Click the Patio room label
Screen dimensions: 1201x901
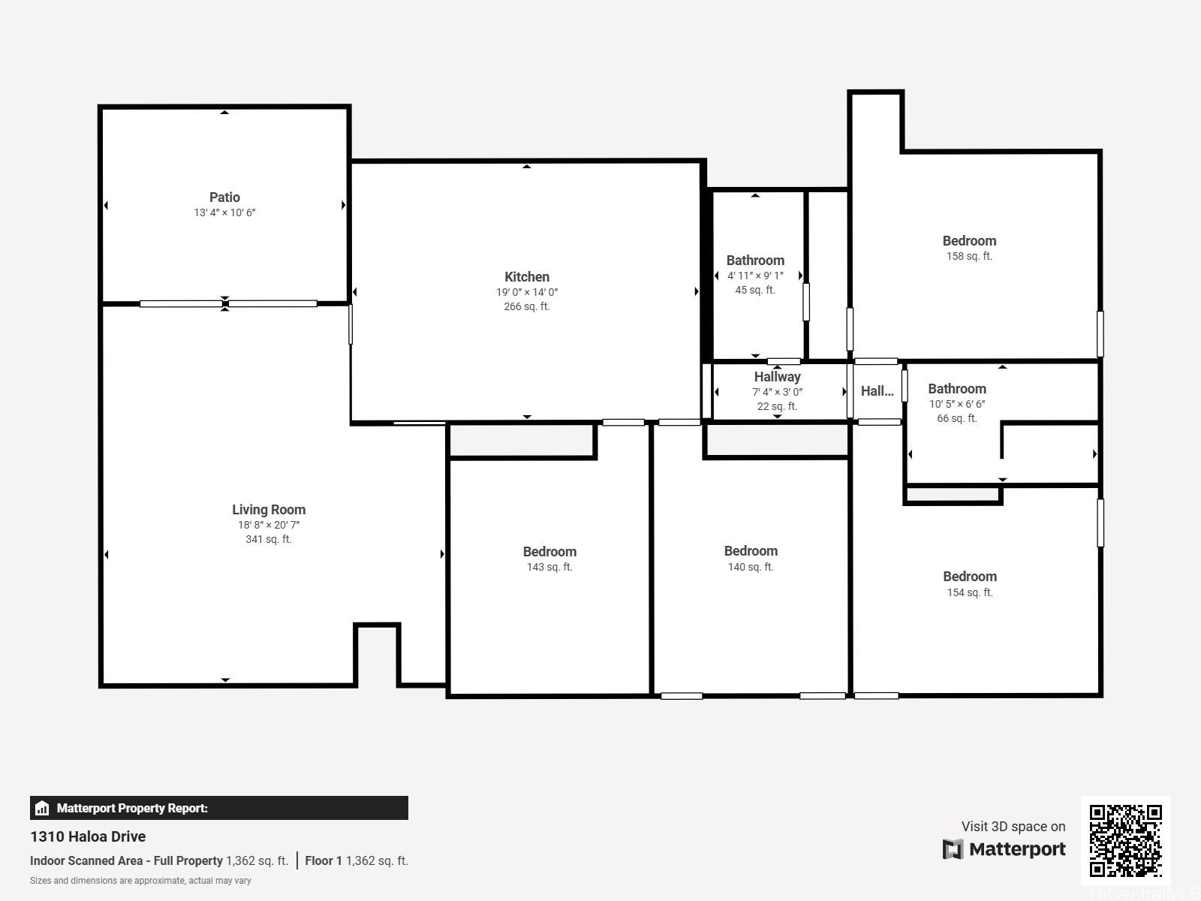[x=224, y=197]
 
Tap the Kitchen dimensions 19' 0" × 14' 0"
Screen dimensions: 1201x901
[x=527, y=292]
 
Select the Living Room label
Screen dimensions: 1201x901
[x=269, y=509]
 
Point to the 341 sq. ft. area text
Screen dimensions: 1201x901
[x=269, y=539]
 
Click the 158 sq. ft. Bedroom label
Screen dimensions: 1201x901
[x=969, y=241]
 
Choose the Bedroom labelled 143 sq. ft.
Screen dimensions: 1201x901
[x=549, y=551]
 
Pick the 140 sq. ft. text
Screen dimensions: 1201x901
[x=750, y=568]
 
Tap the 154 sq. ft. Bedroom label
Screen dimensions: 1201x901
[x=970, y=577]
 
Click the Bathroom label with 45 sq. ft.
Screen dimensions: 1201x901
[x=755, y=261]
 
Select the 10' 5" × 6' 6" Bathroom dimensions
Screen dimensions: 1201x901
[x=957, y=404]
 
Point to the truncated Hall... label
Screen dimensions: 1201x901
[x=877, y=391]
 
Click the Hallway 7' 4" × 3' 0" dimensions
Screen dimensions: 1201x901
[x=777, y=392]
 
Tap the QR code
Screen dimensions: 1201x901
[x=1125, y=840]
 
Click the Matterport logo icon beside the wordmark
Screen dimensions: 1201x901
[x=953, y=849]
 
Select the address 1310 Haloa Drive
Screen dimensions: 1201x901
[x=88, y=836]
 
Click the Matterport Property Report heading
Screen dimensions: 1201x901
[x=132, y=808]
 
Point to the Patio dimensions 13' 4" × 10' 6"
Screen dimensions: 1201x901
[x=224, y=212]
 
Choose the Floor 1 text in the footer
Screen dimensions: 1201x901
[x=324, y=860]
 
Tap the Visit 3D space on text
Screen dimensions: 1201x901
[x=1013, y=827]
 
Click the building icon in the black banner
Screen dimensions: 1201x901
[x=42, y=808]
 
